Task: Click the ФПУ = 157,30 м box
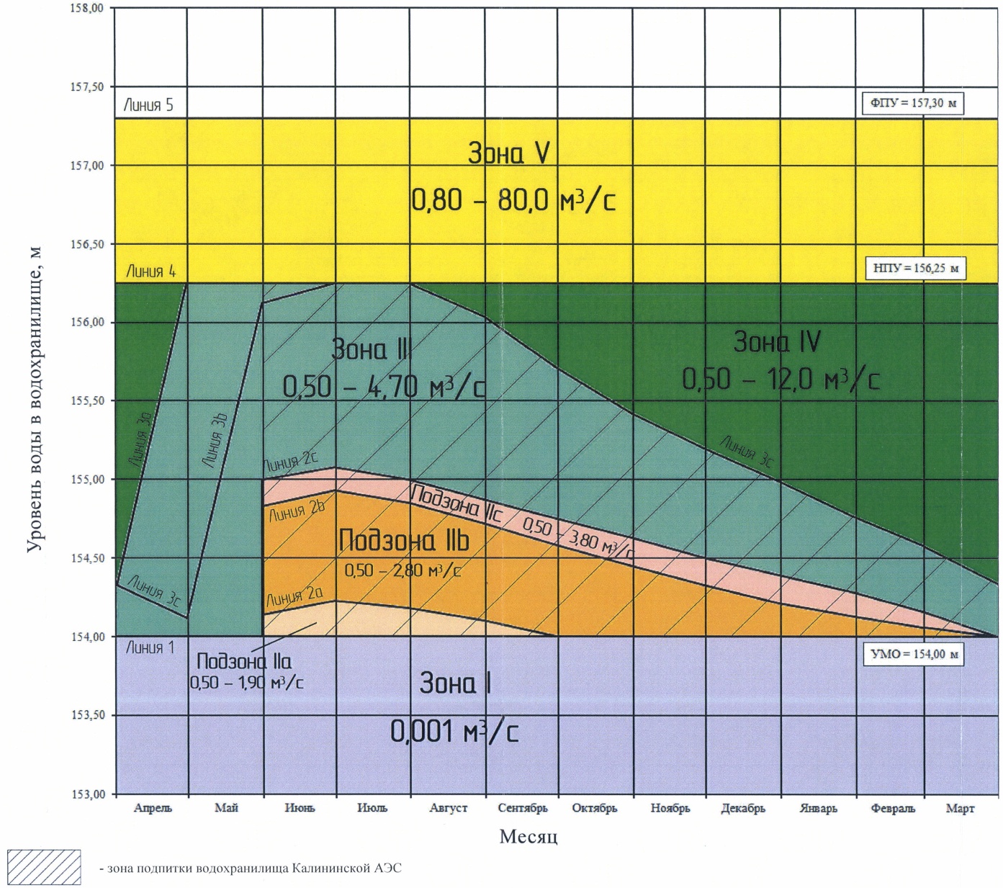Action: pos(913,103)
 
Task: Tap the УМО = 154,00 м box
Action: pos(914,655)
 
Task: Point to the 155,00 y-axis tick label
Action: pos(87,480)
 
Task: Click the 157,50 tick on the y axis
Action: pos(87,87)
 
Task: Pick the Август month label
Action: pos(448,809)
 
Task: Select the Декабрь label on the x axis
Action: pos(743,809)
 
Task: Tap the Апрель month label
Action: pos(153,809)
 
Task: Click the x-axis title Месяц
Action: pos(528,837)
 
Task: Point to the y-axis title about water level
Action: pos(34,400)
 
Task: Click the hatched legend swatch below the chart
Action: pos(44,867)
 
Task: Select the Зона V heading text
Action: pos(508,153)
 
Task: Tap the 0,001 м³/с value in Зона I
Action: pos(454,732)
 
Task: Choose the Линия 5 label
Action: pos(148,105)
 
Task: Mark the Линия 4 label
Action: pos(150,272)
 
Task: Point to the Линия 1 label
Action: pos(150,648)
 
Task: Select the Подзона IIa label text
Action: pos(244,661)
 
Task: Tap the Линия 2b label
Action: pos(297,511)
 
